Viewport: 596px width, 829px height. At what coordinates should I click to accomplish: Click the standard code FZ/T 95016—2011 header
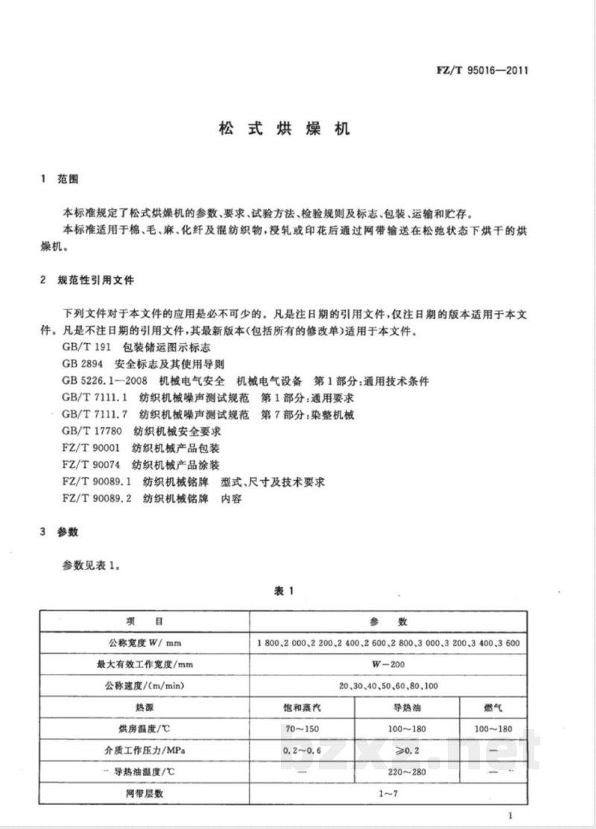pyautogui.click(x=482, y=72)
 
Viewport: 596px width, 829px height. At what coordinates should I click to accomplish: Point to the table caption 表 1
pyautogui.click(x=285, y=590)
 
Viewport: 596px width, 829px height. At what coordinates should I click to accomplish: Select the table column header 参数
pyautogui.click(x=387, y=622)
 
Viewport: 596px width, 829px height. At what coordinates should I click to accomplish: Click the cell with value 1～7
pyautogui.click(x=387, y=793)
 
